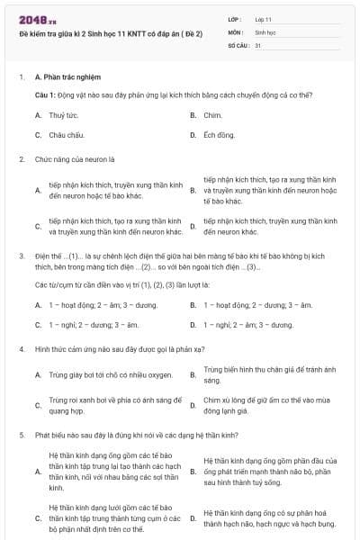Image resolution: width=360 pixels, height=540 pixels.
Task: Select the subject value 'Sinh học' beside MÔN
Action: pos(265,31)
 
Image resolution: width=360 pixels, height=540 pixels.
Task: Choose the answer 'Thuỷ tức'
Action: pos(62,115)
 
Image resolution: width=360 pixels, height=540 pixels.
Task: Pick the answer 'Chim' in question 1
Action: pos(212,115)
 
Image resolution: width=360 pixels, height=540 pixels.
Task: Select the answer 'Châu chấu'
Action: pos(67,135)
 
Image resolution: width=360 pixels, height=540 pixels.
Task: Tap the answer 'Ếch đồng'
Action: pos(219,135)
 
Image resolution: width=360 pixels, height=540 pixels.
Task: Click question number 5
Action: pos(21,435)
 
